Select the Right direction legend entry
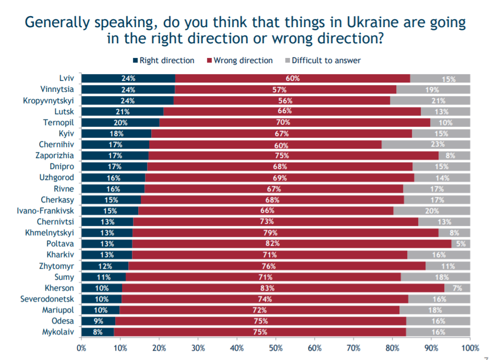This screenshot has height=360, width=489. click(x=164, y=61)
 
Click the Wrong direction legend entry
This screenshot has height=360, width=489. click(x=240, y=61)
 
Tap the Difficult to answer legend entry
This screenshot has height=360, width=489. click(x=323, y=61)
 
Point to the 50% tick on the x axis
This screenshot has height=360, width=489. click(x=276, y=347)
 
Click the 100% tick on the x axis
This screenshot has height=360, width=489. click(x=470, y=347)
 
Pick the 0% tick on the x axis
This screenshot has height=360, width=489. click(x=81, y=347)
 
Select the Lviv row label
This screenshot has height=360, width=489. click(x=66, y=78)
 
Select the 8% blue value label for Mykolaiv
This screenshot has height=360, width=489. click(x=97, y=332)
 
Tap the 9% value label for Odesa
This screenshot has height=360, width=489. click(x=99, y=321)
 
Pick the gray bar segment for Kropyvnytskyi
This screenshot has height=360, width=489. click(x=430, y=100)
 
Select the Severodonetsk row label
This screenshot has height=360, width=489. click(x=47, y=299)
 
